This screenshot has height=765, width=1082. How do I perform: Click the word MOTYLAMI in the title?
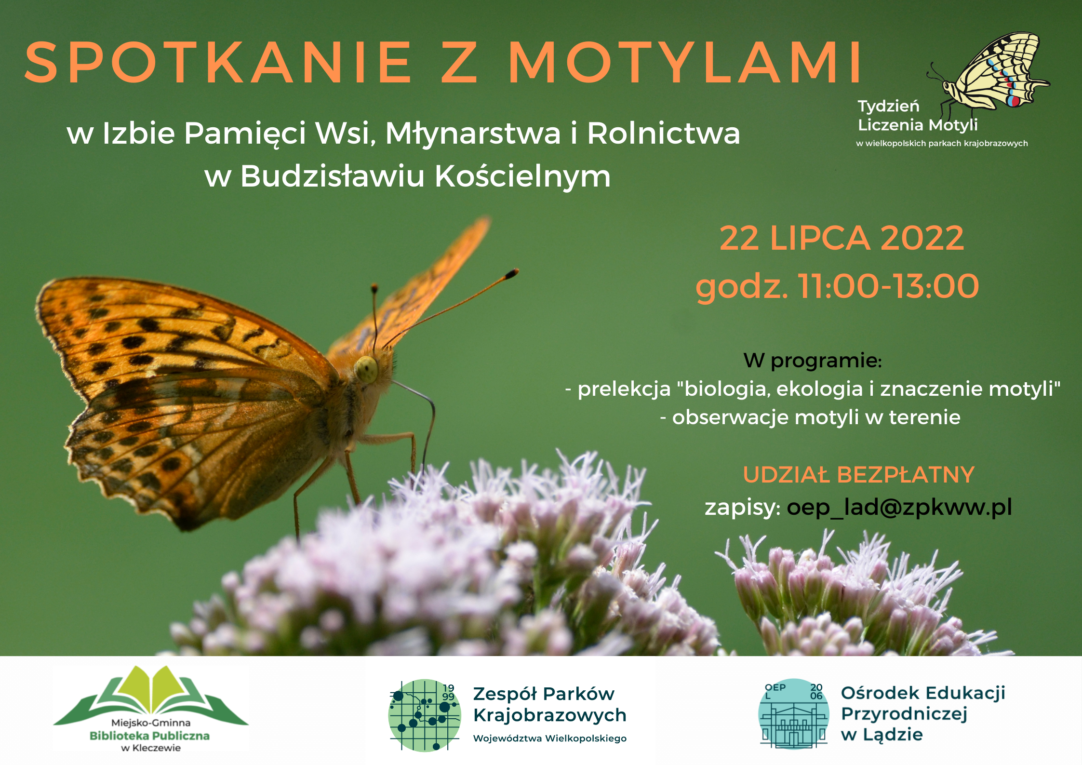click(685, 62)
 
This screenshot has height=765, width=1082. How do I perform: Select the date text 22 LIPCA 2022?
click(842, 238)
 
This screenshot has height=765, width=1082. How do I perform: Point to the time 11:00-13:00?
click(889, 286)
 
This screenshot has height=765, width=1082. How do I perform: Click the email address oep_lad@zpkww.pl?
click(899, 508)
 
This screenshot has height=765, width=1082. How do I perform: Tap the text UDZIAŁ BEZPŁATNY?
click(858, 474)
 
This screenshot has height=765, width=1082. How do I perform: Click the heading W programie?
click(813, 361)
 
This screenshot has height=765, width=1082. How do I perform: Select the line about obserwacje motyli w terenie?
click(810, 417)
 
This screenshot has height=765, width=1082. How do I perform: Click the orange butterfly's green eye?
click(366, 369)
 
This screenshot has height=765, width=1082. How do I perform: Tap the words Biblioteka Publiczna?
click(150, 736)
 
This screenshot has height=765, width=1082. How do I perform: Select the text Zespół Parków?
click(544, 694)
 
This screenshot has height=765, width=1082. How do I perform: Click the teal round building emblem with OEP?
click(794, 714)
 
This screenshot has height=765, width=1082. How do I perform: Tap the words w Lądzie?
click(882, 735)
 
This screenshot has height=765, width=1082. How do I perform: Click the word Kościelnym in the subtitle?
click(522, 176)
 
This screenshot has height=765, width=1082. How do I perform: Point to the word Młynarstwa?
click(473, 133)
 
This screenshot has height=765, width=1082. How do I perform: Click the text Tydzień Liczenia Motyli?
click(918, 116)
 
